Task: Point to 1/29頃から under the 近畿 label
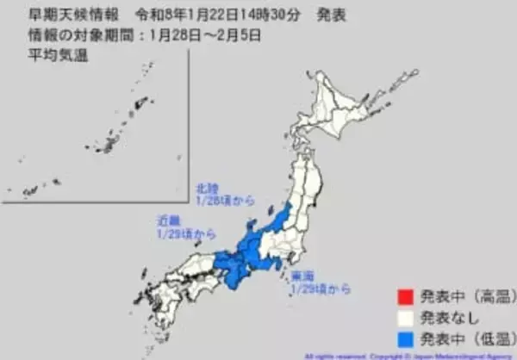(x=184, y=233)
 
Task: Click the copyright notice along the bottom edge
(x=405, y=355)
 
